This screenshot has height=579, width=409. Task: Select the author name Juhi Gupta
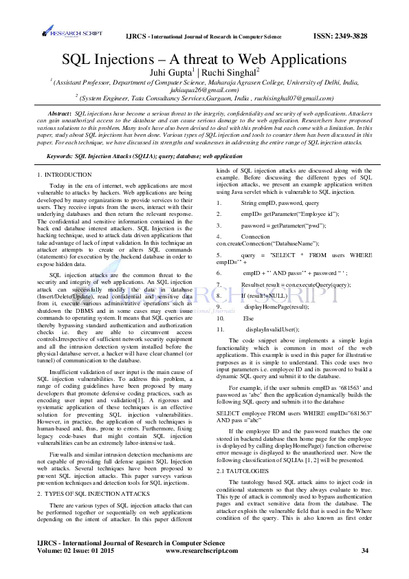point(173,71)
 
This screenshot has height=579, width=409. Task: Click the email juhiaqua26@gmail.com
point(204,89)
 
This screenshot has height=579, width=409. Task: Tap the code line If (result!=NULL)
point(264,295)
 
